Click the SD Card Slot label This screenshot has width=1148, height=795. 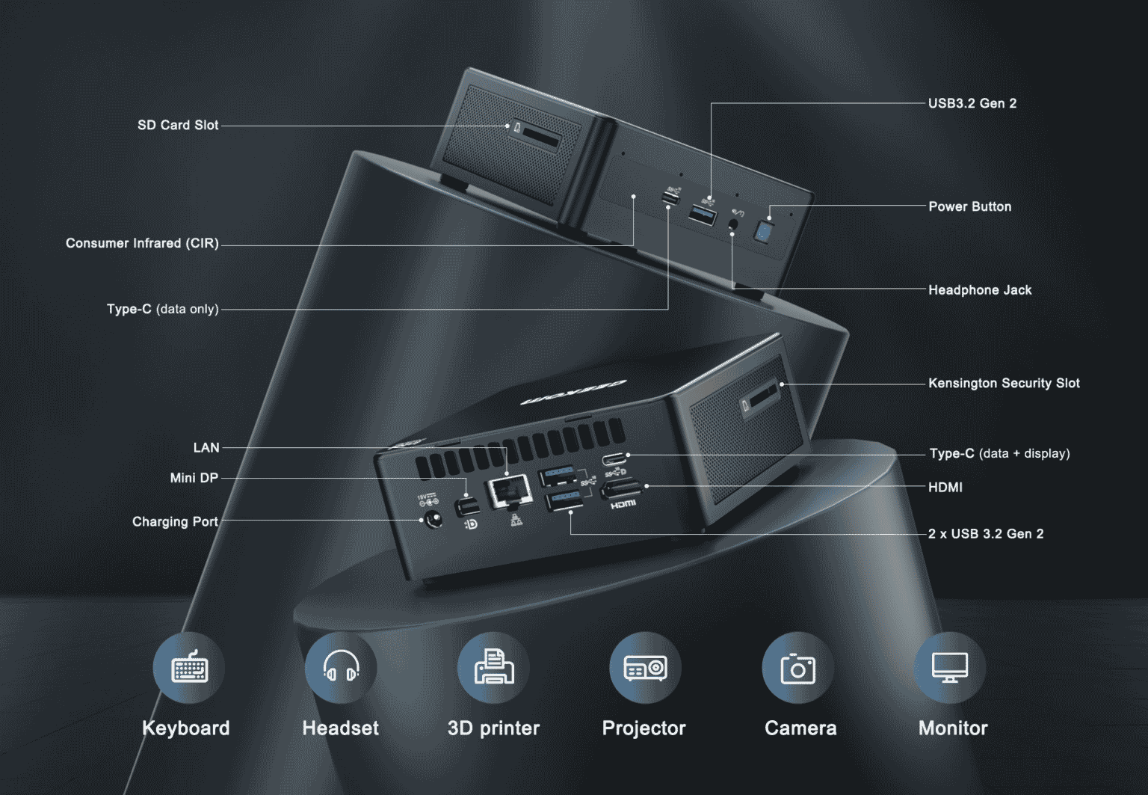pyautogui.click(x=178, y=125)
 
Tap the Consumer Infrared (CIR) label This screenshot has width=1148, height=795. pyautogui.click(x=142, y=243)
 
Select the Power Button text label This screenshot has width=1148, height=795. pyautogui.click(x=969, y=206)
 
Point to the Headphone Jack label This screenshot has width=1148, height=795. pyautogui.click(x=979, y=290)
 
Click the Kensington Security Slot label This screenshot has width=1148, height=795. pyautogui.click(x=1003, y=383)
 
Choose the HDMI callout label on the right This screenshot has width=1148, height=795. pyautogui.click(x=945, y=488)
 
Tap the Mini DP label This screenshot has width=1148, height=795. pyautogui.click(x=194, y=478)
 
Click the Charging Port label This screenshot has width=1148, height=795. pyautogui.click(x=175, y=521)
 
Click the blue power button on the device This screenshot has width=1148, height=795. pyautogui.click(x=763, y=231)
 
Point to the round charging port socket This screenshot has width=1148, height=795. pyautogui.click(x=432, y=520)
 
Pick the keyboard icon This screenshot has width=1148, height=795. pyautogui.click(x=189, y=668)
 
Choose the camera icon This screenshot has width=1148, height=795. pyautogui.click(x=797, y=668)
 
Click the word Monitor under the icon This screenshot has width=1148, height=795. pyautogui.click(x=952, y=728)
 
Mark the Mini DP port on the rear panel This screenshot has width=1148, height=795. pyautogui.click(x=468, y=507)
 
